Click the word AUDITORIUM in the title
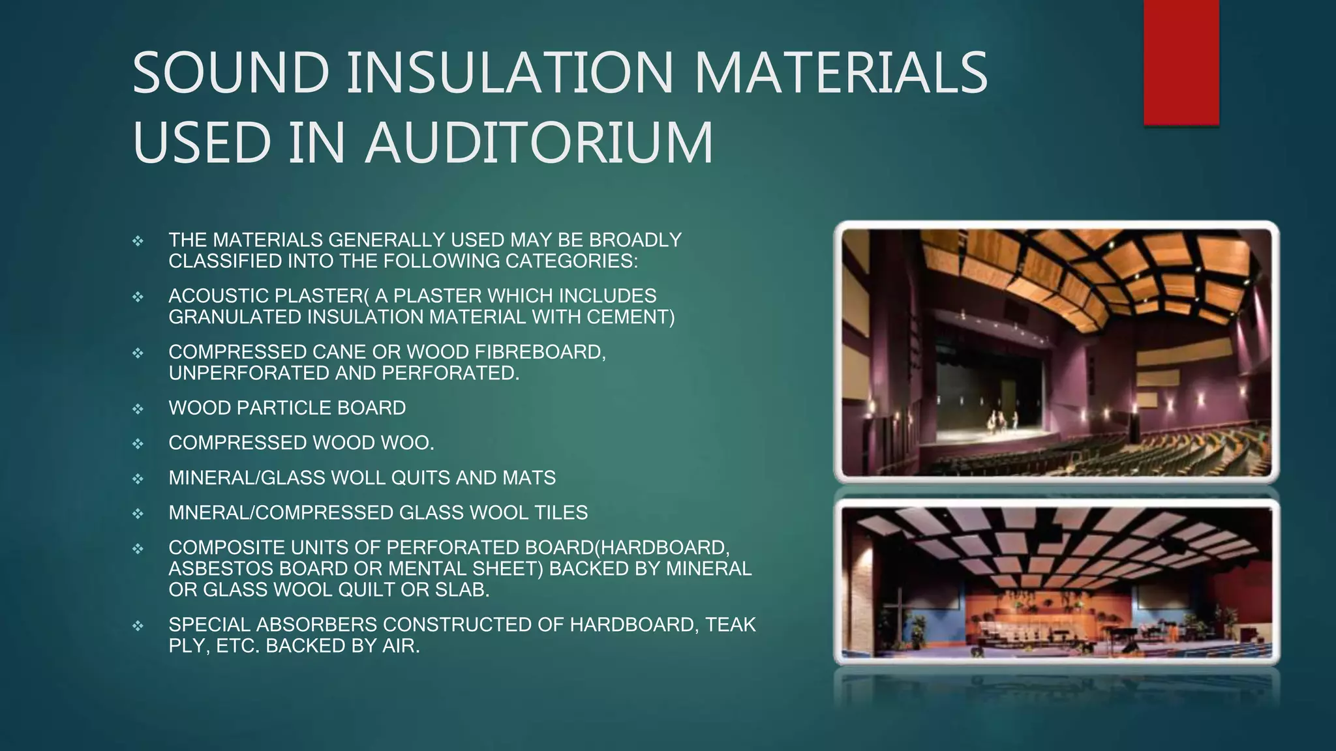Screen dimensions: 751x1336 (x=539, y=142)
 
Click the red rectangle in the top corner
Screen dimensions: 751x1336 (x=1181, y=63)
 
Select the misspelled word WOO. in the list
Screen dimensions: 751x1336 (x=407, y=443)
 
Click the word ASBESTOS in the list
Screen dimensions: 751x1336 (x=220, y=569)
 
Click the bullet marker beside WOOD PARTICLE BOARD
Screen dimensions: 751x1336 (x=138, y=409)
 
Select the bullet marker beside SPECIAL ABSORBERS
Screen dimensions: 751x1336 (x=138, y=626)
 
